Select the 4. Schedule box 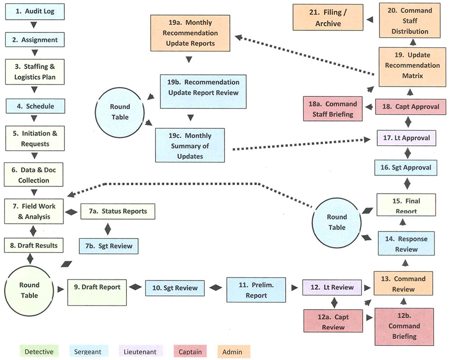click(35, 106)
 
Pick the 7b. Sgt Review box click(109, 246)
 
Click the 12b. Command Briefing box click(404, 326)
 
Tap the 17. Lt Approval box click(407, 138)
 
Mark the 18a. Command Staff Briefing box click(334, 109)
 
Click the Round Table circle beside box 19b click(120, 112)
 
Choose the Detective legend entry click(39, 352)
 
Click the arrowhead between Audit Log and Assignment click(35, 25)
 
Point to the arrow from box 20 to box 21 click(370, 20)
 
